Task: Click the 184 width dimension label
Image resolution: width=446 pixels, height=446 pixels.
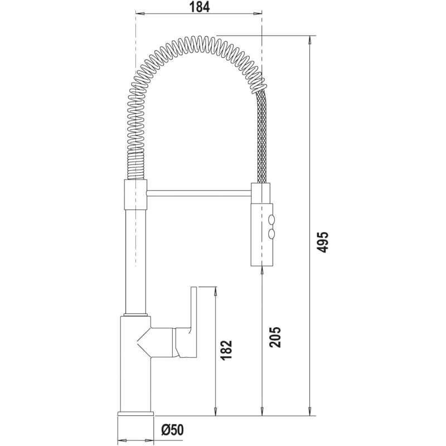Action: click(x=198, y=7)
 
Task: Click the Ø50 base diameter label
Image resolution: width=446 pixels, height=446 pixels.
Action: click(x=172, y=430)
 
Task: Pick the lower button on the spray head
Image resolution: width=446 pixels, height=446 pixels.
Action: click(x=272, y=233)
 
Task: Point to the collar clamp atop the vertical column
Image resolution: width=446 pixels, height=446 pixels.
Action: click(x=134, y=193)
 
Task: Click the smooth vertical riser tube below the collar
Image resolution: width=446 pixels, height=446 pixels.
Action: click(x=135, y=256)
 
